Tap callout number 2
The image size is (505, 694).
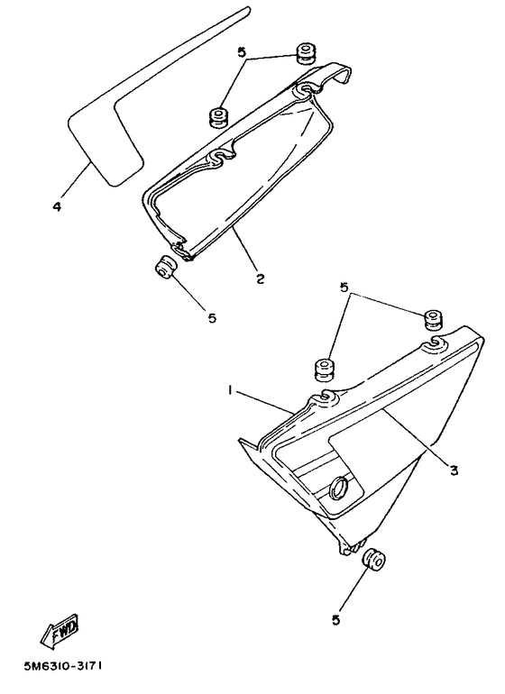click(259, 279)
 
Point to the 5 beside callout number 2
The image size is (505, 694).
click(213, 317)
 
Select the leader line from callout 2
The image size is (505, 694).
click(244, 248)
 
